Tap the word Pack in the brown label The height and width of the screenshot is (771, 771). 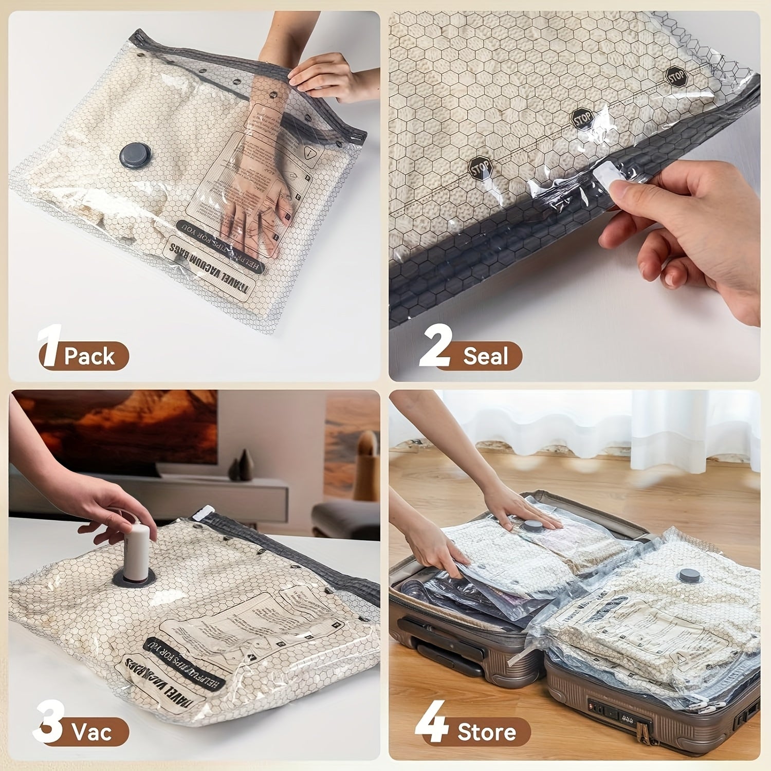pos(90,356)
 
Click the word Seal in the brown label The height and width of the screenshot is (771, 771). pos(485,356)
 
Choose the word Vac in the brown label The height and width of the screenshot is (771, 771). pos(92,731)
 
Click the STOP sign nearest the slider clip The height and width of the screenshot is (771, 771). pos(480,168)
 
